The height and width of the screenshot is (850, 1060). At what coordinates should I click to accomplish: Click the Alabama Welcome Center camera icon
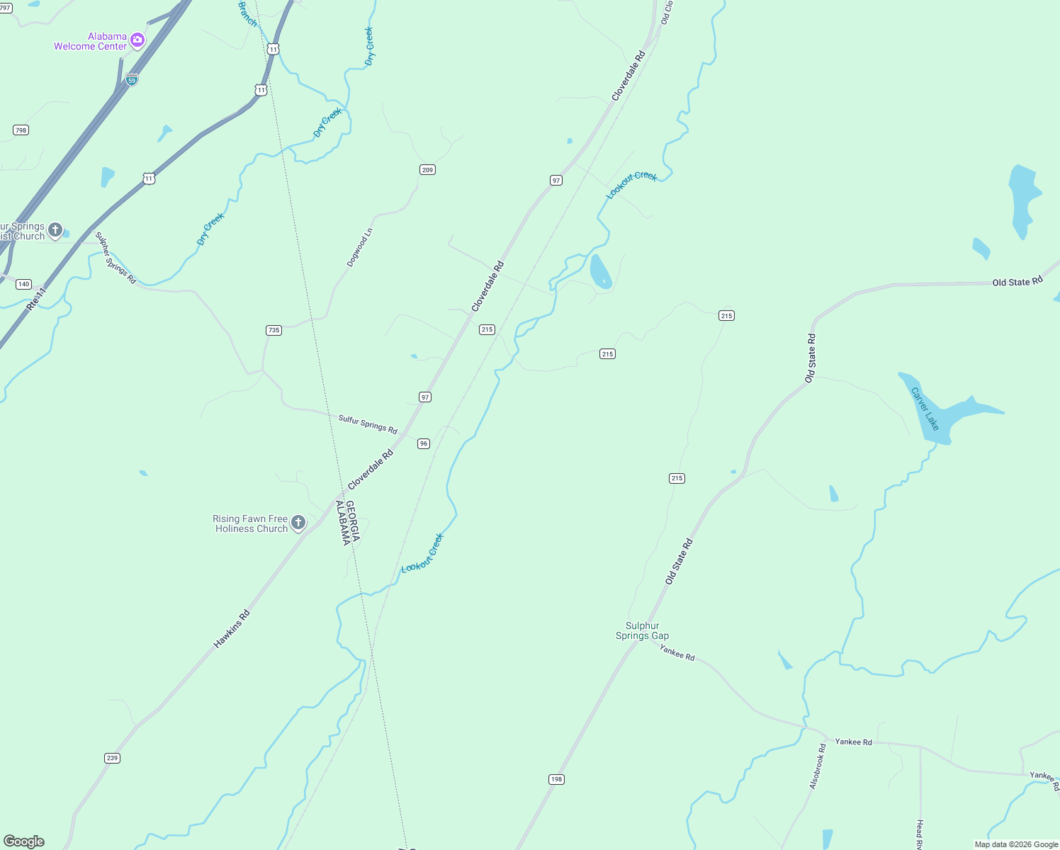137,40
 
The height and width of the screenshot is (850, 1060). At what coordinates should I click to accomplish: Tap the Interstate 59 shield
132,79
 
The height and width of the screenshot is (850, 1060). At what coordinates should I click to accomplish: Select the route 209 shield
427,170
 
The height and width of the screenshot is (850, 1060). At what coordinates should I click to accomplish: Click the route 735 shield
274,330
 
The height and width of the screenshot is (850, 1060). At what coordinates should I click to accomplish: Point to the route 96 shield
424,443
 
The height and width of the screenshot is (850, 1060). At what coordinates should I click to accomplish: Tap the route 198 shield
556,779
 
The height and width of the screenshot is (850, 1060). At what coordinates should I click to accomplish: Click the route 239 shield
112,758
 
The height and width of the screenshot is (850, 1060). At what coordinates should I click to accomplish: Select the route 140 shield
23,284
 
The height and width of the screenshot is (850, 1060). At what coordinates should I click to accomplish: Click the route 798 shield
21,130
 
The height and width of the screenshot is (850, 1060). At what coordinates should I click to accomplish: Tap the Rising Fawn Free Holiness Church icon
298,523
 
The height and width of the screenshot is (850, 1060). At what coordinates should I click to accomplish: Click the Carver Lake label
925,409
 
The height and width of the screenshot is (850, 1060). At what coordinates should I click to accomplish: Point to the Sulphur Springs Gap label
642,630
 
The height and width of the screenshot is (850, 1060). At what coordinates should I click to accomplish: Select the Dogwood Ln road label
360,247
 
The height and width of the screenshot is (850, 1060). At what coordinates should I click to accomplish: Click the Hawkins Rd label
232,629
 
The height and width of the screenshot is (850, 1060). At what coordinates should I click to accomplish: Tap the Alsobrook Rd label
818,766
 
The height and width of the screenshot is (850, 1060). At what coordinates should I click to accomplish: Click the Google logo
24,841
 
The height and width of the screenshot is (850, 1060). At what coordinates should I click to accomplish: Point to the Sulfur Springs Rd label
368,424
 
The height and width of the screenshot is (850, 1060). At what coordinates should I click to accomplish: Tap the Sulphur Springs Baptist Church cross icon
55,230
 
